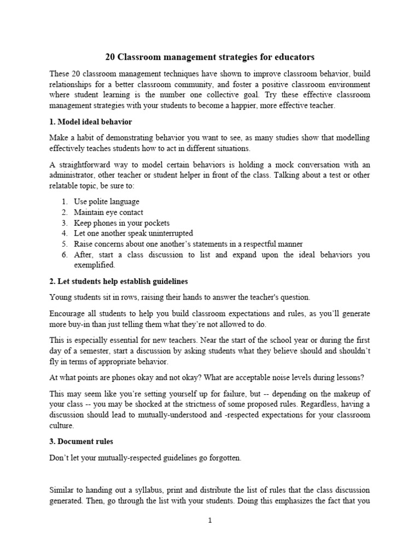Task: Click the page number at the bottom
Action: (209, 521)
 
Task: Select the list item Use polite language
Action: (107, 202)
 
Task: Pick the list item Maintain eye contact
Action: (109, 212)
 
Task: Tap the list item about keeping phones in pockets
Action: (121, 223)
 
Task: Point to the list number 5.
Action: (64, 244)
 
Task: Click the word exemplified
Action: (95, 265)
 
